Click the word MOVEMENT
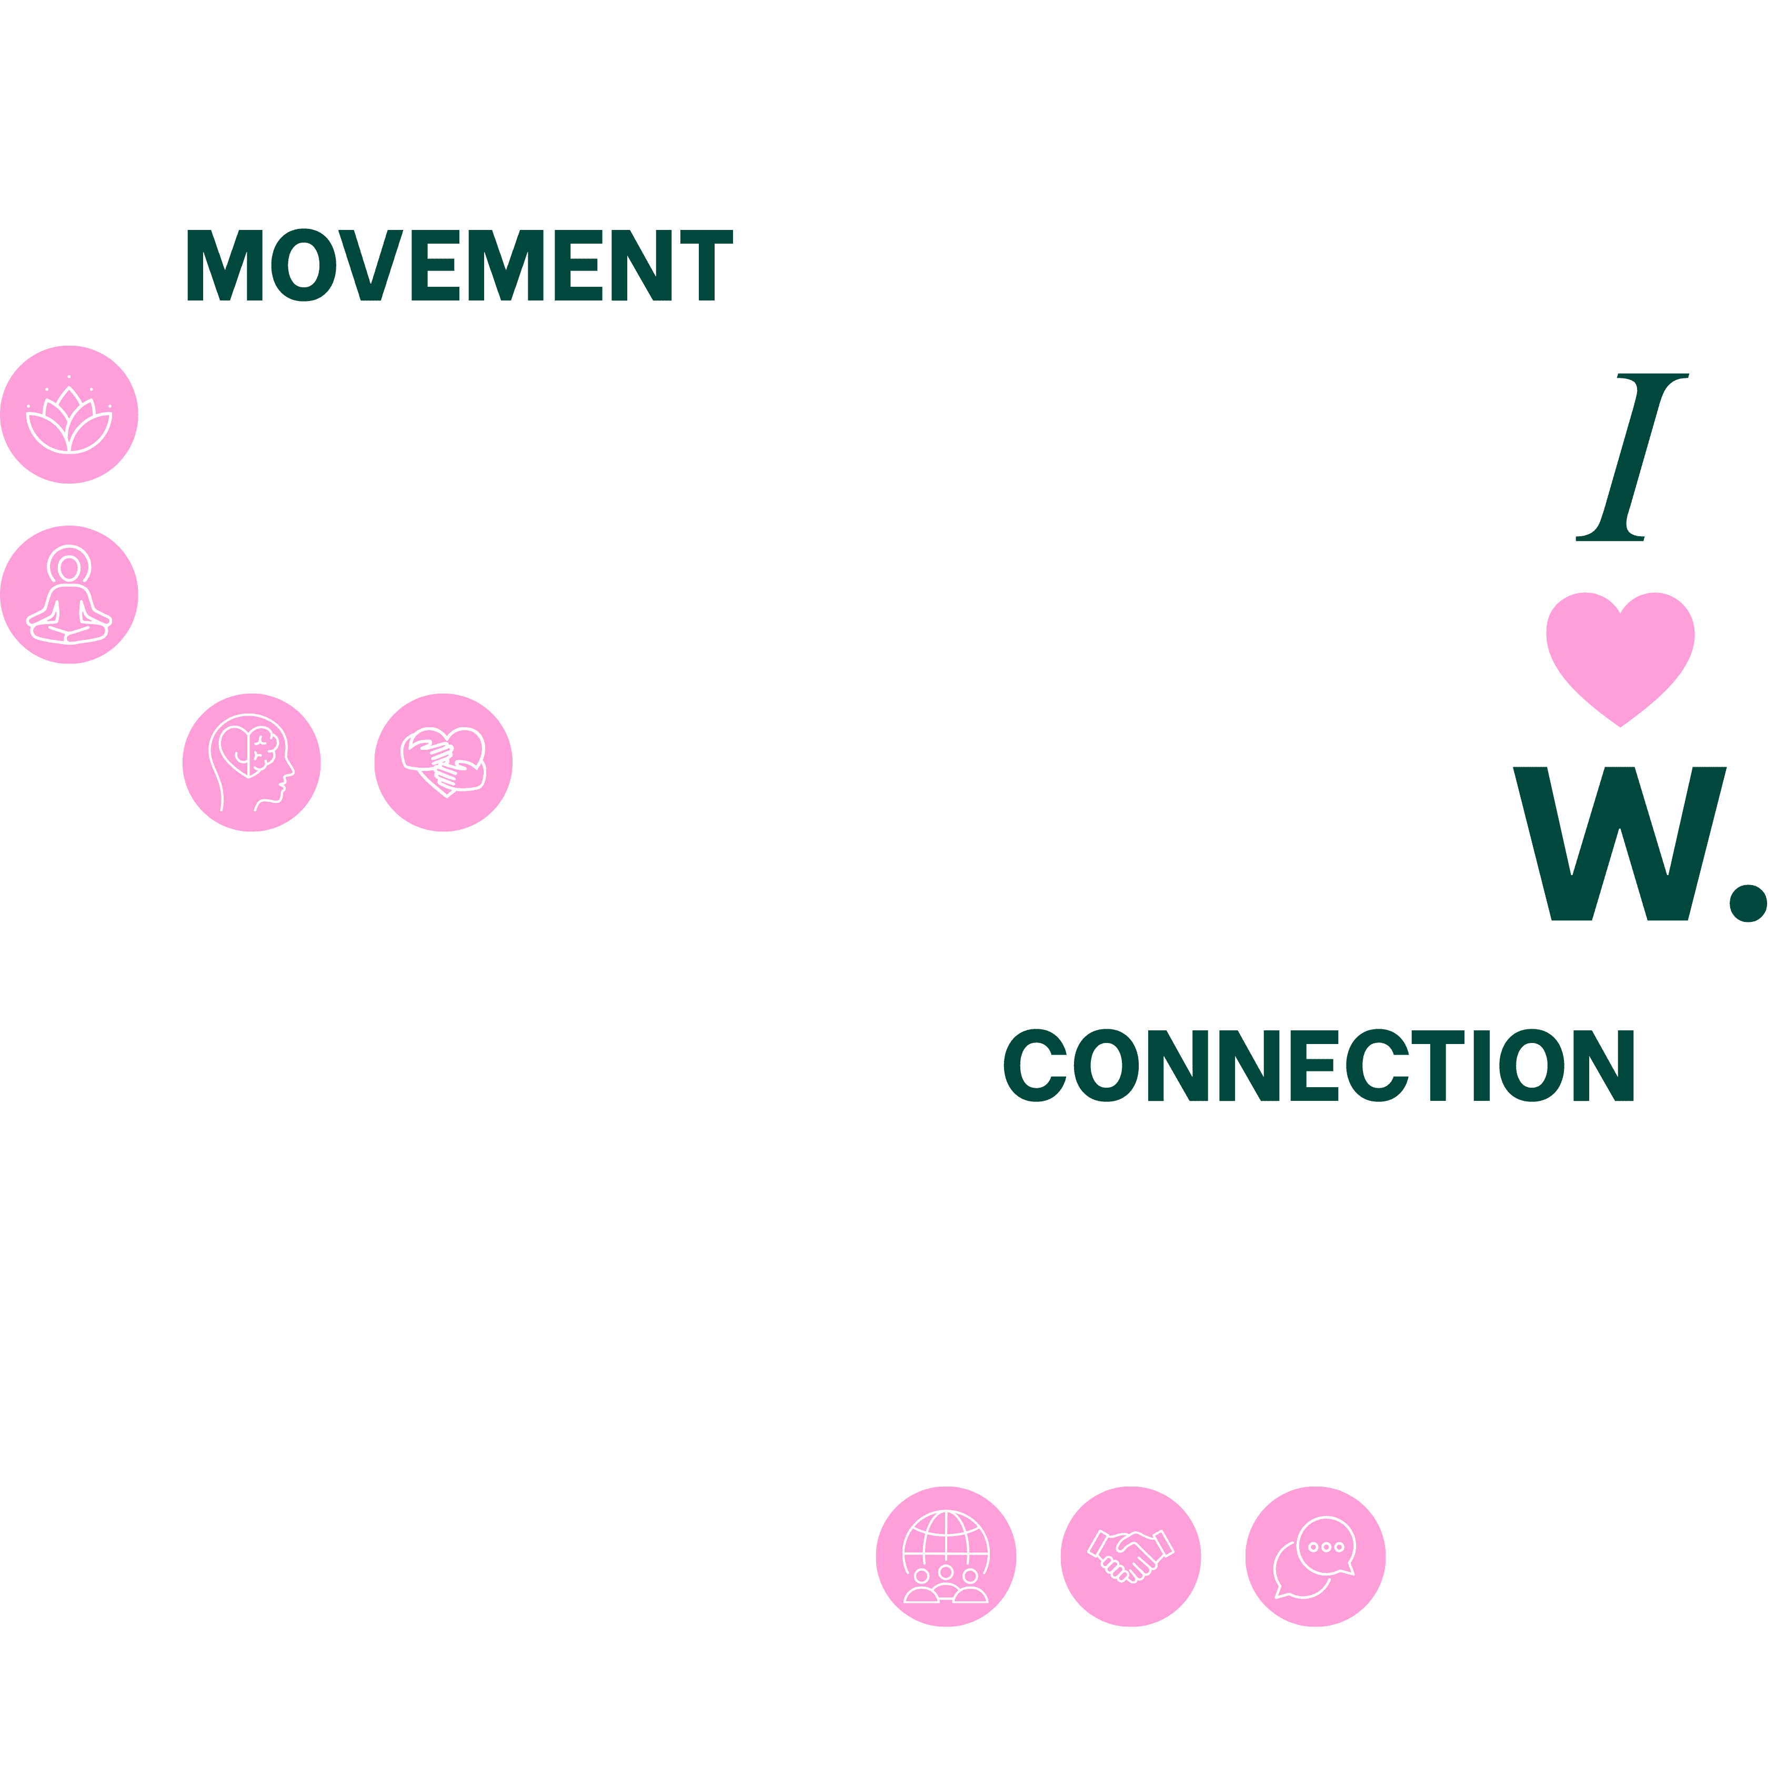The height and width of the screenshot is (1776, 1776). (x=459, y=265)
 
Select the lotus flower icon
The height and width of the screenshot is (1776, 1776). (x=69, y=415)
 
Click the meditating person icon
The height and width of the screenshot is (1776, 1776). (x=69, y=595)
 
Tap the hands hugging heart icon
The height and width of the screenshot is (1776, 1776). (x=443, y=762)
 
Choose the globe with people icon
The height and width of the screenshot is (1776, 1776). (x=946, y=1556)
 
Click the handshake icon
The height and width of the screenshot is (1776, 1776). (x=1131, y=1556)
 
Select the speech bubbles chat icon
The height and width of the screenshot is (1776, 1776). (x=1316, y=1556)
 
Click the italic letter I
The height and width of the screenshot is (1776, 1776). (x=1632, y=457)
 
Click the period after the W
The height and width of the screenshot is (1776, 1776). (x=1748, y=902)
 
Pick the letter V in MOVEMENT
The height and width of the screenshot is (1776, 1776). (x=370, y=265)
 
